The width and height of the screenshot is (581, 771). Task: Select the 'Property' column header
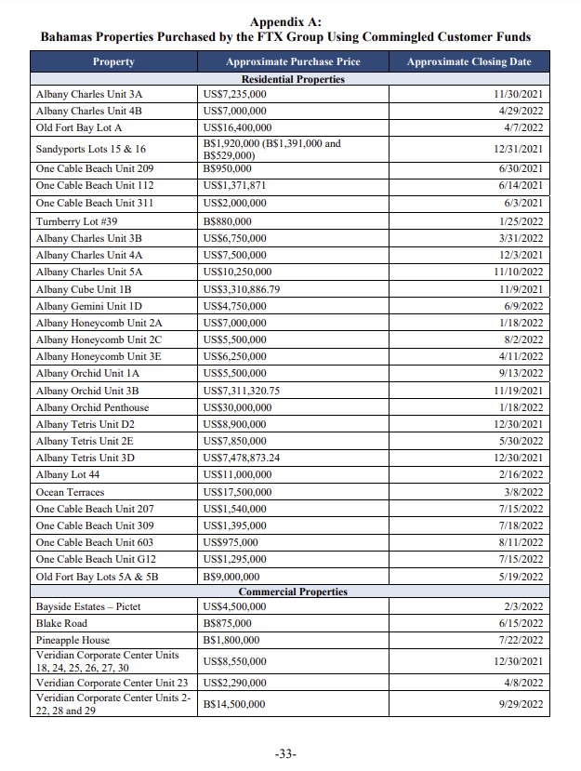point(113,62)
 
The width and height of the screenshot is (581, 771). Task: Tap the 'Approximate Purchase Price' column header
point(293,62)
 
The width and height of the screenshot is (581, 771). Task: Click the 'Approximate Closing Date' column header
point(469,62)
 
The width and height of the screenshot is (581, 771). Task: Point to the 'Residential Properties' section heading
point(293,79)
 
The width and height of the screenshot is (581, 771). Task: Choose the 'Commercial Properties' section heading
point(293,592)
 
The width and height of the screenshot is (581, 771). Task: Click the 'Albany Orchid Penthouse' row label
point(92,407)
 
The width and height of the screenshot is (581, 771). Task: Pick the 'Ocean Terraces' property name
point(70,492)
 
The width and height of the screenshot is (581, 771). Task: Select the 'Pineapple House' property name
point(73,640)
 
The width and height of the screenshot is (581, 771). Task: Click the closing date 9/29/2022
point(521,705)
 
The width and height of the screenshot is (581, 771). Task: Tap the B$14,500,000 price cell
point(234,705)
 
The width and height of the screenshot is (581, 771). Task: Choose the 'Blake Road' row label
point(61,623)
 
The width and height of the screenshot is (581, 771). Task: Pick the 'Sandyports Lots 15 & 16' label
point(90,149)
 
